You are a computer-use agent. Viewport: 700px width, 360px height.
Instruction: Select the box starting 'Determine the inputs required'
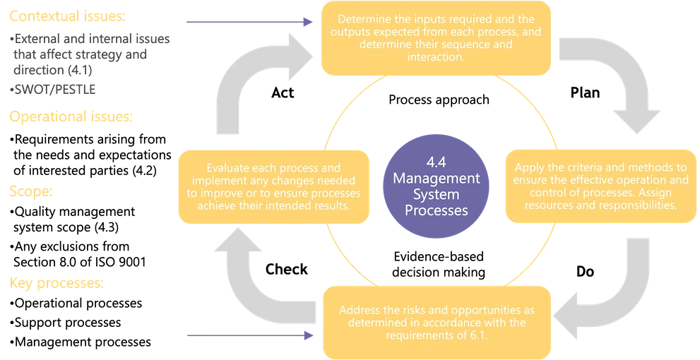(436, 39)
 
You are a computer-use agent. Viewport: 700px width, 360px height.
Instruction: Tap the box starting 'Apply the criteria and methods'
(600, 186)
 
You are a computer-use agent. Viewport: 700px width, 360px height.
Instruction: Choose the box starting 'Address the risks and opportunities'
(436, 322)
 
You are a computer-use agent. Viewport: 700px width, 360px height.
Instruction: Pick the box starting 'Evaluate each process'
(271, 186)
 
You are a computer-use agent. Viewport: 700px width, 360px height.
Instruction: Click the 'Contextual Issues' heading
(68, 16)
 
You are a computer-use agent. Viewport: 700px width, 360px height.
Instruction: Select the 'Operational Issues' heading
(71, 117)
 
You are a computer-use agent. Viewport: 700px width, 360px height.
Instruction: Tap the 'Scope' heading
(32, 191)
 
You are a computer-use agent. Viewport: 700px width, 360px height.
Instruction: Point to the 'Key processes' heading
(57, 283)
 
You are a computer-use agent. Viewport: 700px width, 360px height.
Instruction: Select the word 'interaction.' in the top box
(436, 57)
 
